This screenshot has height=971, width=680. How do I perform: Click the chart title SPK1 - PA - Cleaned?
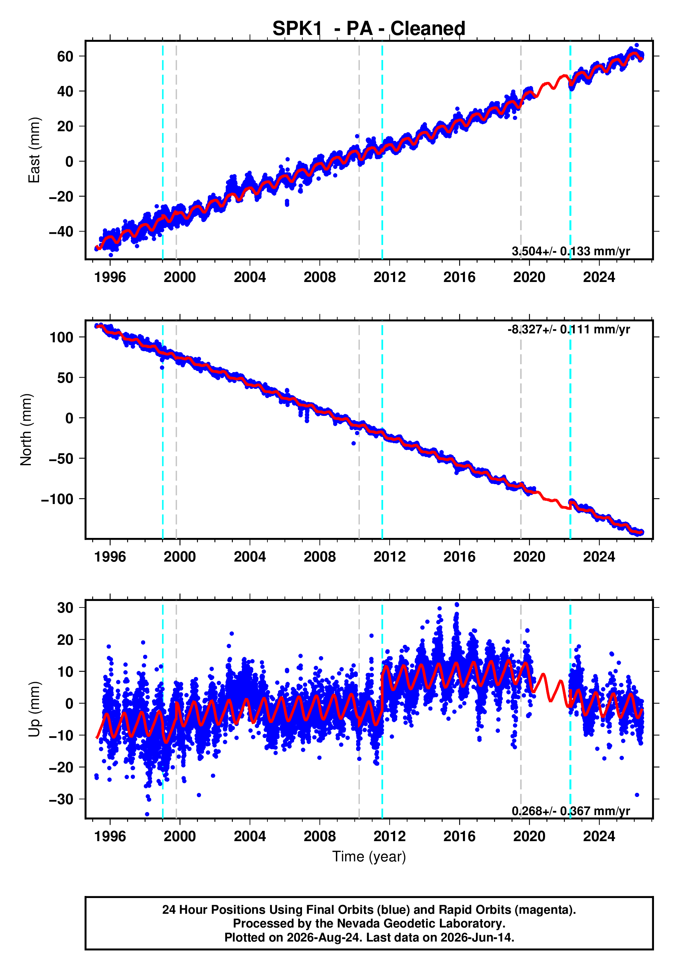point(368,28)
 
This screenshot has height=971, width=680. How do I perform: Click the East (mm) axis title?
point(34,150)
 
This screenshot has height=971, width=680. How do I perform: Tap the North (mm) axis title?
point(26,430)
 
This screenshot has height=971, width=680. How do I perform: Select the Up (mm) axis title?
point(34,709)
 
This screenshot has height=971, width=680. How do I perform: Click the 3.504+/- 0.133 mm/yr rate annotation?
point(570,251)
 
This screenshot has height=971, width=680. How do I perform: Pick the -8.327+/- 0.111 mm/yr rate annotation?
point(569,330)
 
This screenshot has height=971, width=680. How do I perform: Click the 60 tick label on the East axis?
point(65,56)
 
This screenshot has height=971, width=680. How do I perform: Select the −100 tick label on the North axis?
point(57,499)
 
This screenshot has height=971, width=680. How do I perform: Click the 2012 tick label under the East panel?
point(389,278)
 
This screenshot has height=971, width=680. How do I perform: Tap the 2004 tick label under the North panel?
point(250,557)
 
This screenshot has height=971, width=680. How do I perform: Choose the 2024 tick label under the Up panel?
point(599,836)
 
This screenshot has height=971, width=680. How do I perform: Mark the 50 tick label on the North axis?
point(65,378)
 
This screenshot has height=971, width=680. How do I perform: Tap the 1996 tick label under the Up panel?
point(110,836)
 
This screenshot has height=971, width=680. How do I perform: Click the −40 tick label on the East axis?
point(61,232)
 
